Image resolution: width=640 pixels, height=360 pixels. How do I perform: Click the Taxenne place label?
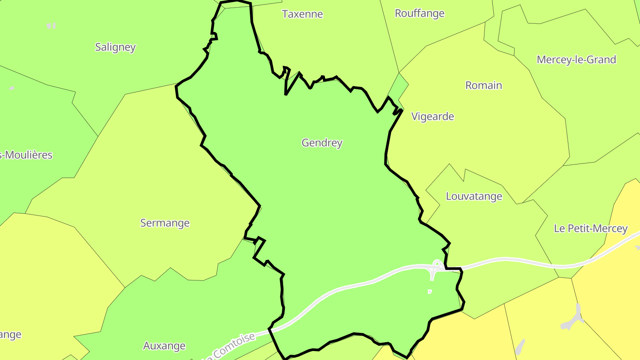click(302, 14)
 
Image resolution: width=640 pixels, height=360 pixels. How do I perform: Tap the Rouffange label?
click(420, 13)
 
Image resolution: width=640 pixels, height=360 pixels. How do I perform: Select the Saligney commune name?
click(115, 47)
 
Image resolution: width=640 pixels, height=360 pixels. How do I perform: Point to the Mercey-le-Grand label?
click(576, 60)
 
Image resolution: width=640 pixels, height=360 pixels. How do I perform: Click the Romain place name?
click(484, 85)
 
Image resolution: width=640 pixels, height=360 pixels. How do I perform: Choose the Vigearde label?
click(432, 116)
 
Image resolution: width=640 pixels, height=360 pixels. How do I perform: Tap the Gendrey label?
click(322, 143)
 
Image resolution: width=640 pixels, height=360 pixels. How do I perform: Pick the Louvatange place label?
click(474, 196)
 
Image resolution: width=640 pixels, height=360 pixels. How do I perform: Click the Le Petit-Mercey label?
click(590, 228)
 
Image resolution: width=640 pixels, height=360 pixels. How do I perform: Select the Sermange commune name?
click(165, 223)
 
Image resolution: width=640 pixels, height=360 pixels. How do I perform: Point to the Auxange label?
click(164, 345)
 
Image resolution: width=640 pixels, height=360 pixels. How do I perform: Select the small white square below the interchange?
click(430, 292)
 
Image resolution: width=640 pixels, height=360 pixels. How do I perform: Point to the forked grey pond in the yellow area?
click(575, 317)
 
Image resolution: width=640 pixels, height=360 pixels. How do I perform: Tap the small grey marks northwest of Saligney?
click(51, 26)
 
